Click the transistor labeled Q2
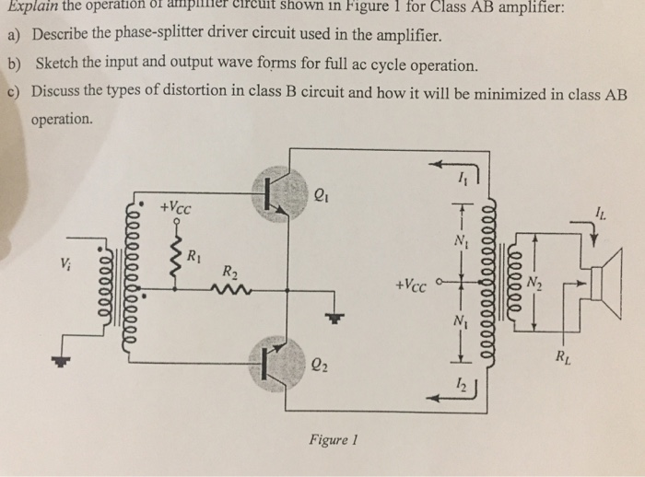click(277, 365)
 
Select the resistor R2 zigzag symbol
click(226, 288)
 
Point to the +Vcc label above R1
click(175, 207)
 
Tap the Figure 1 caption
click(331, 440)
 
